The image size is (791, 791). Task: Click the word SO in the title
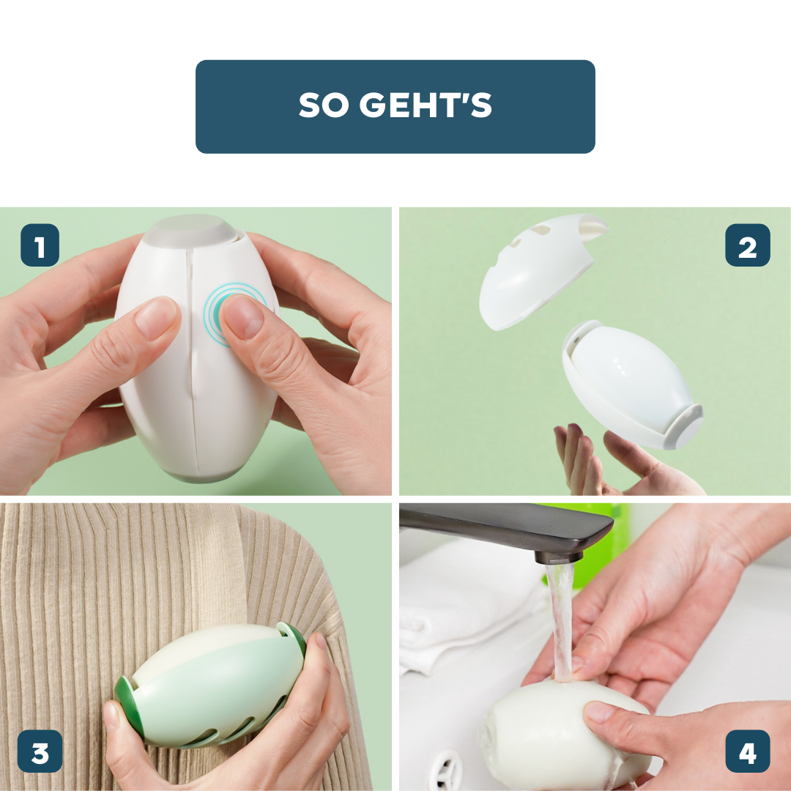coord(324,105)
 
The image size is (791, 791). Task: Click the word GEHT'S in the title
coord(426,105)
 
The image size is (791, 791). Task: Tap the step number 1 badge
coord(40,245)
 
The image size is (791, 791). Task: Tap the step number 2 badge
coord(748,245)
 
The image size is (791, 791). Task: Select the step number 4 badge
coord(748,751)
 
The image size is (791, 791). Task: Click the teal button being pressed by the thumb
coord(218,315)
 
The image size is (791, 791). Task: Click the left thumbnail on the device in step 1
coord(157,317)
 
